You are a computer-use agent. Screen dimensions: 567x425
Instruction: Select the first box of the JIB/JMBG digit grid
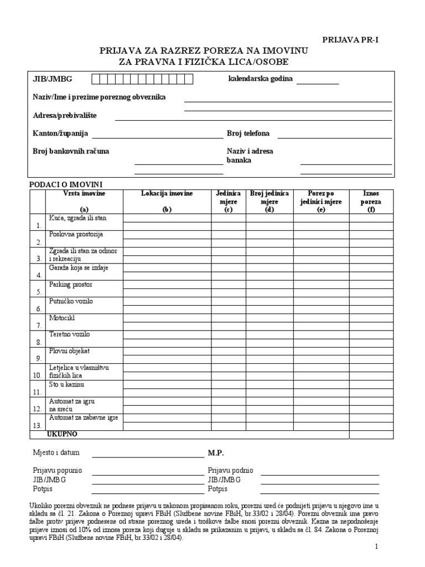tap(96, 79)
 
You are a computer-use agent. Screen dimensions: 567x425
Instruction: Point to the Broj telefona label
tap(248, 133)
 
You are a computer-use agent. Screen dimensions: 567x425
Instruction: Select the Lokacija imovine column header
tap(167, 193)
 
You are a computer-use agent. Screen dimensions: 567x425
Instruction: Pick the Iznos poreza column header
tap(371, 198)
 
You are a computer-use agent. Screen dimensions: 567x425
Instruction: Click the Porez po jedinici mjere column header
tap(321, 198)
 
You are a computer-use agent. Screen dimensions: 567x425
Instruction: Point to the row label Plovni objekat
tap(70, 351)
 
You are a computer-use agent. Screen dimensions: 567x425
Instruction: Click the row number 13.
tap(38, 426)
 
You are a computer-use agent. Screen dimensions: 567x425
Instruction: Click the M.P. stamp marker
tap(216, 452)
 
